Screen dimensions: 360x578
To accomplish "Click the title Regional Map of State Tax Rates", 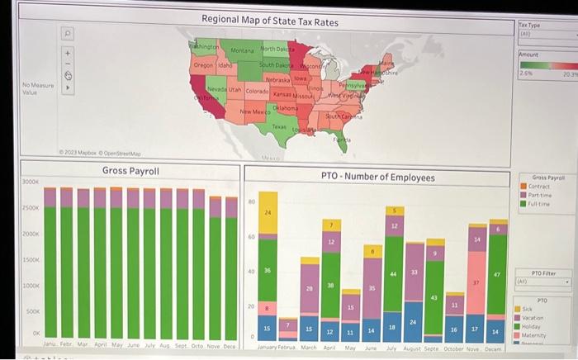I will point(269,21).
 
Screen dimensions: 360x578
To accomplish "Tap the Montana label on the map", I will point(241,51).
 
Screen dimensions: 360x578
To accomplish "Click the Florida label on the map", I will point(341,141).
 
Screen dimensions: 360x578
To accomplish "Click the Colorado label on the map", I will point(257,91).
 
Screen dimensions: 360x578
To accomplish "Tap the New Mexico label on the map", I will point(254,111).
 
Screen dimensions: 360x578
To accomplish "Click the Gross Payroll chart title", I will point(130,170).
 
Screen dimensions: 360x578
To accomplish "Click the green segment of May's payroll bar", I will point(116,272).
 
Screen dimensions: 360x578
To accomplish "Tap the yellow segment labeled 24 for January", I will point(266,213).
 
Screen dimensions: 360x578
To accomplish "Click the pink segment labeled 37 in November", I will point(476,282).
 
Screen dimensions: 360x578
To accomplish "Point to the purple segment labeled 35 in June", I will point(372,289).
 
